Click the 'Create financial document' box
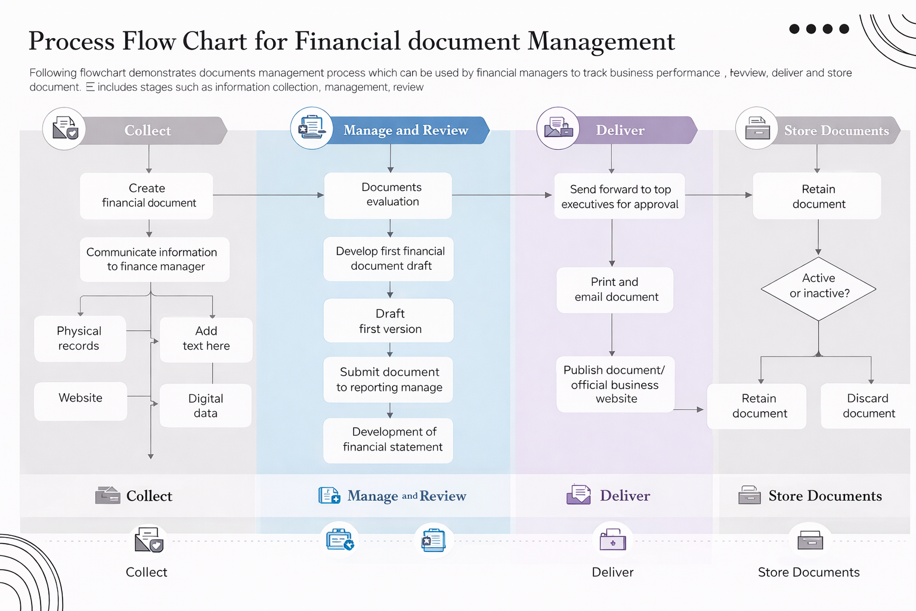pyautogui.click(x=147, y=196)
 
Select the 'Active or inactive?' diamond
pyautogui.click(x=818, y=289)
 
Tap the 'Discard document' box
pyautogui.click(x=868, y=406)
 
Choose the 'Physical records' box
pyautogui.click(x=80, y=338)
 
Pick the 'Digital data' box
pyautogui.click(x=206, y=406)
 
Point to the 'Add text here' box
pyautogui.click(x=206, y=339)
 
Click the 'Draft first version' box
pyautogui.click(x=389, y=321)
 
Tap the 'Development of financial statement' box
pyautogui.click(x=389, y=440)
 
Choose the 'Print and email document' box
pyautogui.click(x=615, y=290)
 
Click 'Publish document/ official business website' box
pyautogui.click(x=615, y=384)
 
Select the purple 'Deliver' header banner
pyautogui.click(x=632, y=130)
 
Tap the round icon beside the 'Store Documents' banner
pyautogui.click(x=757, y=128)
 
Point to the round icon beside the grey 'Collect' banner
pyautogui.click(x=64, y=128)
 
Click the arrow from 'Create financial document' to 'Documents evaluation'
pyautogui.click(x=268, y=195)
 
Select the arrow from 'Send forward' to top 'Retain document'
pyautogui.click(x=719, y=195)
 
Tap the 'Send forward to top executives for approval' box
pyautogui.click(x=620, y=196)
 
